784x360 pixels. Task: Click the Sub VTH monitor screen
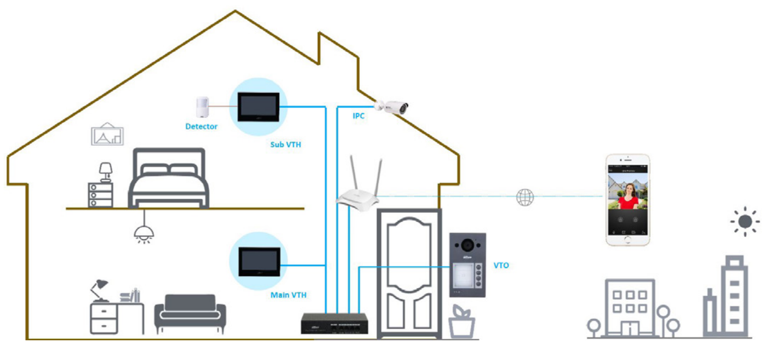coord(258,107)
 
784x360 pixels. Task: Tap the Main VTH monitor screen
coord(258,262)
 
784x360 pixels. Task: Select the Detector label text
coord(202,127)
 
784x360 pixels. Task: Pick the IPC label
coord(358,116)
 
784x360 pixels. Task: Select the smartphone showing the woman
coord(628,200)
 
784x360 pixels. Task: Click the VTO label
coord(501,266)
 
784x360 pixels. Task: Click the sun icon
coord(745,222)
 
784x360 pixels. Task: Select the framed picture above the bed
coord(107,134)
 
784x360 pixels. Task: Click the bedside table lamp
coord(106,171)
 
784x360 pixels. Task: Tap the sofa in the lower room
coord(190,313)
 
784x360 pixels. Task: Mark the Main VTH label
coord(288,295)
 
